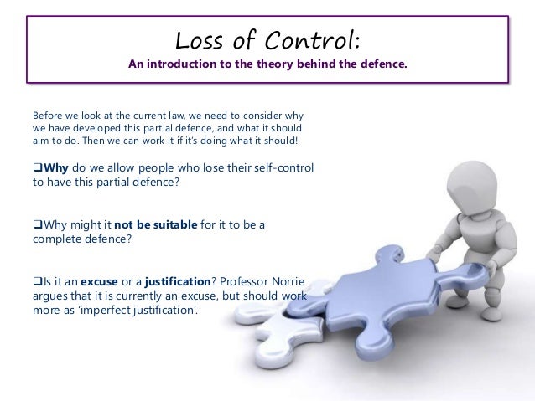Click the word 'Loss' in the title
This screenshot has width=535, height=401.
[x=195, y=39]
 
